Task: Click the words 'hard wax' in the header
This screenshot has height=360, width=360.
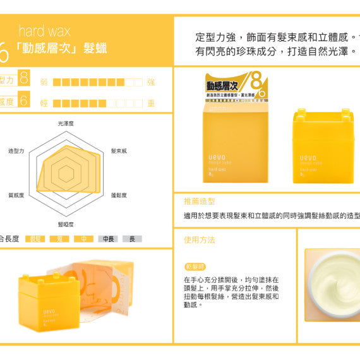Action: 44,30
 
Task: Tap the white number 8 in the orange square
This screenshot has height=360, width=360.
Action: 24,78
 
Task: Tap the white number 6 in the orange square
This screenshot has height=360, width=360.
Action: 24,100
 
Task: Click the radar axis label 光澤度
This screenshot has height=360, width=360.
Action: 66,124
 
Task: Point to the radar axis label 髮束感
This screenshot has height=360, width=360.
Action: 119,152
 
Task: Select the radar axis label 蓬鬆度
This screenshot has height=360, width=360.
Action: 119,195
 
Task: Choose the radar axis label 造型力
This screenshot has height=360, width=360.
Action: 16,152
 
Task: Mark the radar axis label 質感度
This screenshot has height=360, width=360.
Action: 16,195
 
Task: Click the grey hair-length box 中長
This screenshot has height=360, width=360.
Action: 108,239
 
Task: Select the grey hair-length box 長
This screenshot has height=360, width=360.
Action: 132,239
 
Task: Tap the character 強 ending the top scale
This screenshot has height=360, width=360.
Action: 151,82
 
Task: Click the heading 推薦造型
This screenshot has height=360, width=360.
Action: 200,201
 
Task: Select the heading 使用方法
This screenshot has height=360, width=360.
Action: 200,240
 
